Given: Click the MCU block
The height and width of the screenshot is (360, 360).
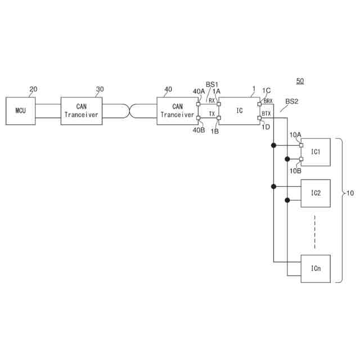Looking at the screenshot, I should pyautogui.click(x=20, y=110).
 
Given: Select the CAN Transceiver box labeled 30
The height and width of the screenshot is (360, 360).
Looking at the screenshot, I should pyautogui.click(x=82, y=110).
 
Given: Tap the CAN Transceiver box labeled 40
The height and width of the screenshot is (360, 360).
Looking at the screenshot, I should pyautogui.click(x=177, y=110).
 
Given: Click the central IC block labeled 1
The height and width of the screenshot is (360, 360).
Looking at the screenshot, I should pyautogui.click(x=239, y=110).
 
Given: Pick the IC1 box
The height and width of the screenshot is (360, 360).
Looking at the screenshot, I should pyautogui.click(x=316, y=152).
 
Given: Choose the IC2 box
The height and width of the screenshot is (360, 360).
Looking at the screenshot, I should pyautogui.click(x=316, y=193).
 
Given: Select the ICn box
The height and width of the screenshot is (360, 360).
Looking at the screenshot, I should pyautogui.click(x=316, y=269).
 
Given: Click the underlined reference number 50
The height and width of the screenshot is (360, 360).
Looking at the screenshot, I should pyautogui.click(x=300, y=82).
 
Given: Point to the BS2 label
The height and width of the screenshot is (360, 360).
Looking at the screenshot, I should pyautogui.click(x=292, y=102).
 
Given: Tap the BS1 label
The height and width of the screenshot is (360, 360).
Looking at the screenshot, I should pyautogui.click(x=211, y=84).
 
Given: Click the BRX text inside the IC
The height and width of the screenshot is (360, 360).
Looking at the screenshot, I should pyautogui.click(x=268, y=101).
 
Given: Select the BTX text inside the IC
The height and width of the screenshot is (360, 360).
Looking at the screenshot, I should pyautogui.click(x=267, y=114).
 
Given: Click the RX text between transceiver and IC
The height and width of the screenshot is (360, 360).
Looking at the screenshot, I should pyautogui.click(x=211, y=101).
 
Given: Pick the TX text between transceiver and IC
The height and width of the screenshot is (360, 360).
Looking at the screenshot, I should pyautogui.click(x=211, y=114).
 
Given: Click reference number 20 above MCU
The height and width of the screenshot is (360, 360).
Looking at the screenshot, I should pyautogui.click(x=33, y=89).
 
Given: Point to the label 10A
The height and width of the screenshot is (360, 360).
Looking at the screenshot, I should pyautogui.click(x=295, y=134).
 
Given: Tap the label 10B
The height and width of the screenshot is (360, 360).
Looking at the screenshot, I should pyautogui.click(x=295, y=169).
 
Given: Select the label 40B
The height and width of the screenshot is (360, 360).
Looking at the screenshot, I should pyautogui.click(x=198, y=130).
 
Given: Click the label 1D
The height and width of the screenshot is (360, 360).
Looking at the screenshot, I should pyautogui.click(x=265, y=127).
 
